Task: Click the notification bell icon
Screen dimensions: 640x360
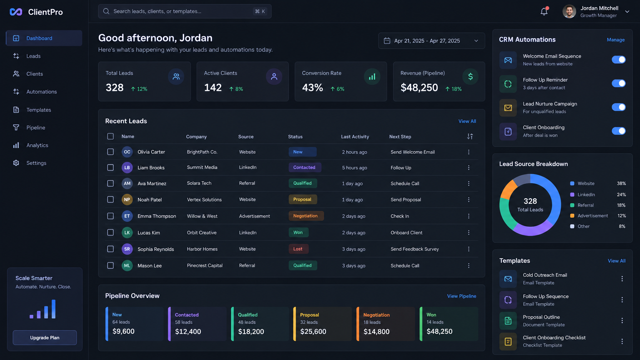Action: coord(544,11)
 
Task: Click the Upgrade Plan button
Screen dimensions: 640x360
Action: coord(45,337)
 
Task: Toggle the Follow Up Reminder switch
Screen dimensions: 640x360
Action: coord(619,83)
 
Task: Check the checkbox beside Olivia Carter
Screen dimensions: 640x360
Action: coord(110,152)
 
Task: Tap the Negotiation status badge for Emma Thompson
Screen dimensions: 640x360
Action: coord(306,216)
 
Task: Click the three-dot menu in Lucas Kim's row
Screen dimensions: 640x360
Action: coord(469,232)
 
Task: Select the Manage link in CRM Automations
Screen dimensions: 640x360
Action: coord(616,40)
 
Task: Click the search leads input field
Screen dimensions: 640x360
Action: coord(185,11)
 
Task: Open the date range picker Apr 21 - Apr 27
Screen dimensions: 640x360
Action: coord(431,41)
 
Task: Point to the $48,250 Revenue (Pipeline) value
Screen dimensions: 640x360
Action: coord(419,87)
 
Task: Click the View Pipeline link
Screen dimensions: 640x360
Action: coord(461,296)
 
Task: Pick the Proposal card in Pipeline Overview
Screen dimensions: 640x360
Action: coord(322,324)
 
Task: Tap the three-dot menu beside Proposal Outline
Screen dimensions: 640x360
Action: coord(622,320)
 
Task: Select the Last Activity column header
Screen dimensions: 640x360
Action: coord(355,137)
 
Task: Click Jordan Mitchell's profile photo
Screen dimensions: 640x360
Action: coord(569,12)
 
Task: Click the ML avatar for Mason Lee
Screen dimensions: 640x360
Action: coord(127,265)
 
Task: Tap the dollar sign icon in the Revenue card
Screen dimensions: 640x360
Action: coord(470,77)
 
